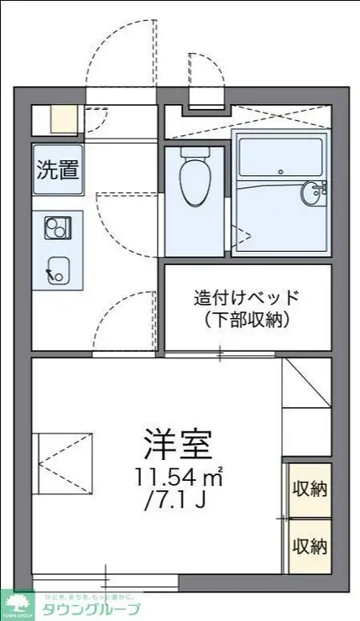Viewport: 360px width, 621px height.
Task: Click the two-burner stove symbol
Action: click(x=58, y=227)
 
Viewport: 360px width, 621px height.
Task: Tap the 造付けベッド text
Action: click(x=247, y=297)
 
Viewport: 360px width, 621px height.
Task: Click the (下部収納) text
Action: click(x=247, y=319)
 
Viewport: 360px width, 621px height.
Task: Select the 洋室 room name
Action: click(x=178, y=442)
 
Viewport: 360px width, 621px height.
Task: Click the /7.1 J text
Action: click(x=176, y=503)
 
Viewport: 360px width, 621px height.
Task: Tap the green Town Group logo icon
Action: click(x=17, y=603)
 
